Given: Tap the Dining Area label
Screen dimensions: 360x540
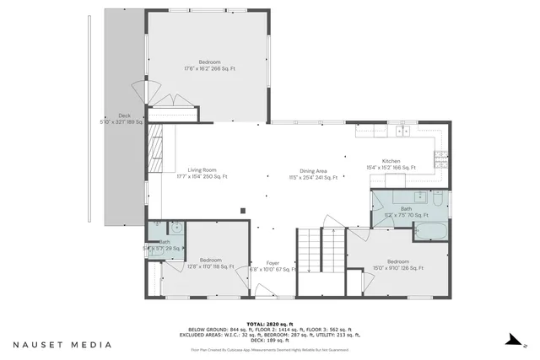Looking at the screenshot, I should click(313, 174).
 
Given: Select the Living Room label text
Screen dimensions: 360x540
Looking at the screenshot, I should click(202, 173).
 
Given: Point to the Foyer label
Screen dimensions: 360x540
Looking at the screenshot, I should click(273, 266).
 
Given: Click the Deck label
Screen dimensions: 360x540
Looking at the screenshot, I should click(124, 119).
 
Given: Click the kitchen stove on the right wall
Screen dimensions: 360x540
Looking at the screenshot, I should click(440, 156).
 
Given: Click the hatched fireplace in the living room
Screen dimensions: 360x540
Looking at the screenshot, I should click(157, 150).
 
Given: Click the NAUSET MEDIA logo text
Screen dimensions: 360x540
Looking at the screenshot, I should click(62, 345).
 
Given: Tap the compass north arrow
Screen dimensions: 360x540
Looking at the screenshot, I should click(511, 341).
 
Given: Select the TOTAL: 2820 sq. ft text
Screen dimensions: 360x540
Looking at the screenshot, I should click(269, 323).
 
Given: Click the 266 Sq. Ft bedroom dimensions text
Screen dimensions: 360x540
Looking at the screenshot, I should click(210, 66).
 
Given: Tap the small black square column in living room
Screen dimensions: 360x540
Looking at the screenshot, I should click(242, 210).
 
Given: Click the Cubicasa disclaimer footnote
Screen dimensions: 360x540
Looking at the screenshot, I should click(269, 349).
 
